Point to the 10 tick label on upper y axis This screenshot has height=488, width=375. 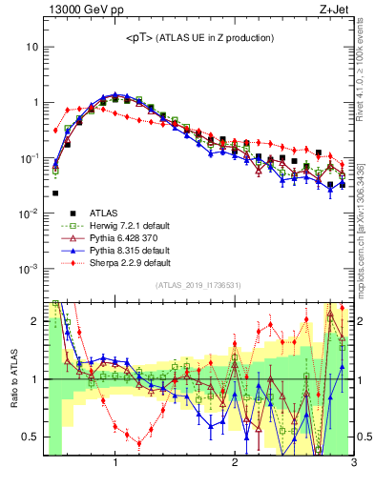[x=33, y=47]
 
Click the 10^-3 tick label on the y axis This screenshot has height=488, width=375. [x=31, y=269]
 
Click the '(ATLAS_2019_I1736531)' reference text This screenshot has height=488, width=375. [x=198, y=286]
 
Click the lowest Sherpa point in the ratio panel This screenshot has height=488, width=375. [x=139, y=443]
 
